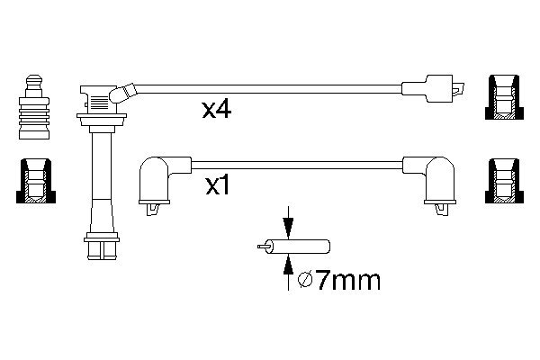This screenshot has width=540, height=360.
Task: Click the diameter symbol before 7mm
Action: click(305, 281)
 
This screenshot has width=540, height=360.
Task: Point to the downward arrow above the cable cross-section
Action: click(288, 224)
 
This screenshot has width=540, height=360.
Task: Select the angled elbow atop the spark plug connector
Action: click(123, 92)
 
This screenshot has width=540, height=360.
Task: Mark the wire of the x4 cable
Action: click(270, 89)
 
